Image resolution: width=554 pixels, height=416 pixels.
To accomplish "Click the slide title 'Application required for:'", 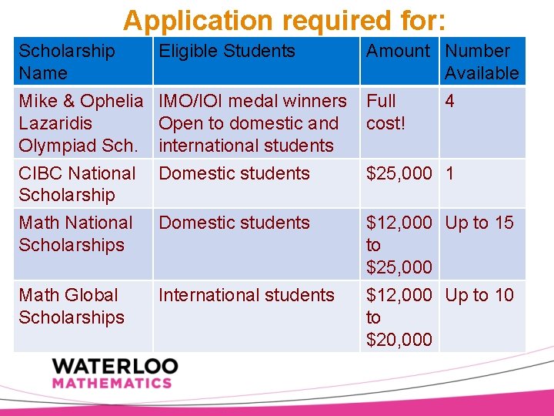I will (284, 20).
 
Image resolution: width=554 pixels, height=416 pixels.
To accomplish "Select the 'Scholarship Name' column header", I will (67, 62).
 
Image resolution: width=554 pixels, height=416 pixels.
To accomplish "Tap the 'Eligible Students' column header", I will (227, 51).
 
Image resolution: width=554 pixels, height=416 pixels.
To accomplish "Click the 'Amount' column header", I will (398, 51).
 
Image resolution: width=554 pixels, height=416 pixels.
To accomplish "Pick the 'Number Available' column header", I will (482, 62).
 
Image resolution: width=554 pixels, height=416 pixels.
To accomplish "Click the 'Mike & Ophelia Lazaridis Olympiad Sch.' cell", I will (81, 123).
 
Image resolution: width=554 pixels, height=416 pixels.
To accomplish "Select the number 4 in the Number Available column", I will (449, 101).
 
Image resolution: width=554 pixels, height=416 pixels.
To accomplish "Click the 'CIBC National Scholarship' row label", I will (77, 184).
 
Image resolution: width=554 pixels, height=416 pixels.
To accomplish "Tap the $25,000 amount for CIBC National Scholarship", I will (399, 173).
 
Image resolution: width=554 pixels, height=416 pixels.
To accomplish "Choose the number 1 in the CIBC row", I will (449, 173).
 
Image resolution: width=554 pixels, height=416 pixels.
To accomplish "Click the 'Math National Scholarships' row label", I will (75, 233).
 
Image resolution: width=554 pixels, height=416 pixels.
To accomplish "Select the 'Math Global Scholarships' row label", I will (71, 306).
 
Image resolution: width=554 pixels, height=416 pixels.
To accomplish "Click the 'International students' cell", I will (246, 295).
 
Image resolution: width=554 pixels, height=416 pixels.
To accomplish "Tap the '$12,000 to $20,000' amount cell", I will (399, 317).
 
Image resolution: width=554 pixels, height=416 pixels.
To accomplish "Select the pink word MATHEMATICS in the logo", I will (112, 382).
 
